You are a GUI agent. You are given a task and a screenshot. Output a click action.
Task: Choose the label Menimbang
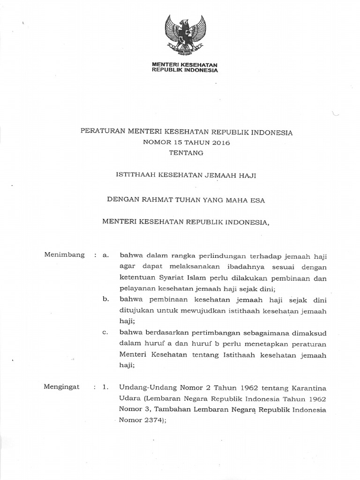click(x=64, y=255)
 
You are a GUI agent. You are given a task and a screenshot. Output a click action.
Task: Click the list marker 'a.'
click(x=105, y=255)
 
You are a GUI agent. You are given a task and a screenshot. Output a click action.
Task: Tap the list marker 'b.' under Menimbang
click(x=105, y=300)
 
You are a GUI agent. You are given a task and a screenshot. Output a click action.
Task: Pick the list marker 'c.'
click(x=105, y=333)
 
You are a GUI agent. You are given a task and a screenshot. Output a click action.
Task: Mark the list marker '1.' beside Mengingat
click(x=105, y=387)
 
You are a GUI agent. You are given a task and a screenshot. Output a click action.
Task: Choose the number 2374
click(x=150, y=421)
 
